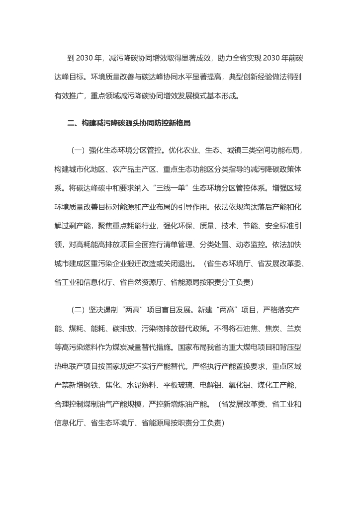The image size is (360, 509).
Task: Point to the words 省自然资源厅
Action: [x=144, y=282]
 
